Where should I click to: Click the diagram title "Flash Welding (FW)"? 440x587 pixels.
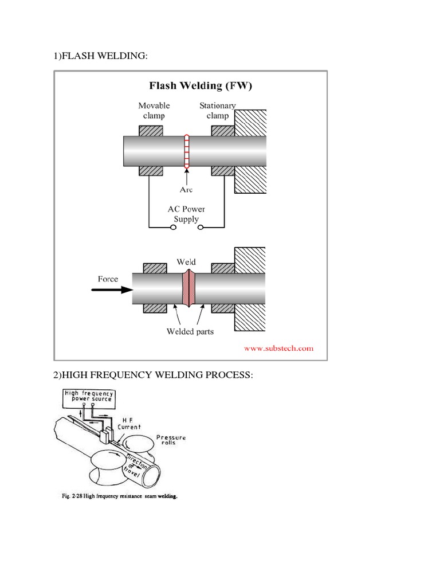click(201, 87)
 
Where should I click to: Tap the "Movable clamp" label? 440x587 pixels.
click(154, 111)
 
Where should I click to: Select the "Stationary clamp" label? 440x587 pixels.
click(217, 111)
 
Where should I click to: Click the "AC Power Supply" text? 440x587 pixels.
click(187, 214)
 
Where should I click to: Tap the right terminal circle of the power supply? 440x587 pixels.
click(201, 228)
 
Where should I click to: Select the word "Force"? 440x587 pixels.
click(108, 279)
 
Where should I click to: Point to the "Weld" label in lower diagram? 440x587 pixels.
click(187, 262)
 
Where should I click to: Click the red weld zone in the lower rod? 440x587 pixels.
click(188, 288)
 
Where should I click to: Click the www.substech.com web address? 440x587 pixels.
click(279, 348)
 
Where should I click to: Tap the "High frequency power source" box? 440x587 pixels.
click(89, 396)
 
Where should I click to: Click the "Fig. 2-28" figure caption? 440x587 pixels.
click(120, 497)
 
